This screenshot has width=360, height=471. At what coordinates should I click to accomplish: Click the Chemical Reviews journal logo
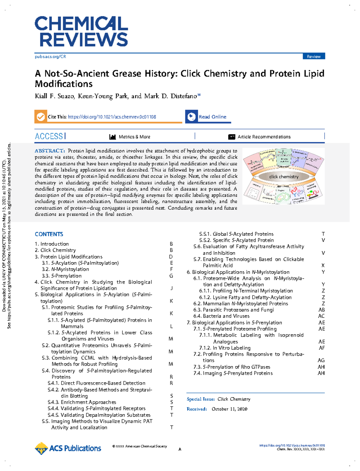coord(81,31)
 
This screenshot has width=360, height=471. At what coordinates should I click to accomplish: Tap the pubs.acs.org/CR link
coord(50,56)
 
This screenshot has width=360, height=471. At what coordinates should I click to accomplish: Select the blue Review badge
coord(313,56)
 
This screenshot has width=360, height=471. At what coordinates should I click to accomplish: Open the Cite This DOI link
coord(112,117)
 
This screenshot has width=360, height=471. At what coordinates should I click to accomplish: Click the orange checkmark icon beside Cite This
coord(40,117)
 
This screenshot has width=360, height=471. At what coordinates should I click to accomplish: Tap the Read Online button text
coord(212,117)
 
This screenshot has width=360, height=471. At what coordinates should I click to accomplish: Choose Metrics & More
coord(134,137)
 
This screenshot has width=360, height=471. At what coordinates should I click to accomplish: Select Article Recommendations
coord(264,137)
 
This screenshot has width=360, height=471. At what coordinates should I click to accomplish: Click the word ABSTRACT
coord(49,151)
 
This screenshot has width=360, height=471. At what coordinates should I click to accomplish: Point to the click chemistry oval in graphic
coord(284,177)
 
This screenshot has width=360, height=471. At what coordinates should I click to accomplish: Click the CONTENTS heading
coord(49,234)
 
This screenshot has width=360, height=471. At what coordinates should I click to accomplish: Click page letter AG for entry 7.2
coord(321,360)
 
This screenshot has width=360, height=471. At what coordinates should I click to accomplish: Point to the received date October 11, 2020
coord(229,409)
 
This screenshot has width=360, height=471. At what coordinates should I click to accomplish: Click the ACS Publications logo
coord(68,448)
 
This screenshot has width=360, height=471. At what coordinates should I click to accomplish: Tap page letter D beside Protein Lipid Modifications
coord(171,257)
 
